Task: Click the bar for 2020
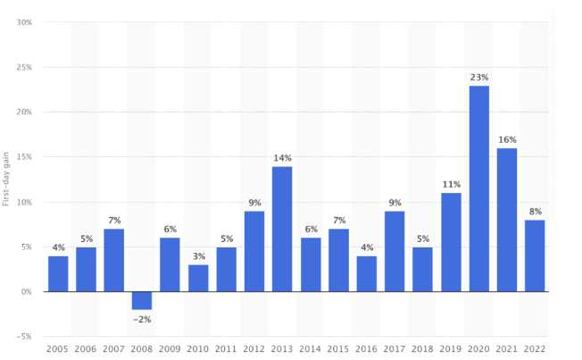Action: pyautogui.click(x=479, y=188)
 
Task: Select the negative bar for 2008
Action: pyautogui.click(x=142, y=300)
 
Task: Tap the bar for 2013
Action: pyautogui.click(x=282, y=229)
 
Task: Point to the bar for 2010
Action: pyautogui.click(x=198, y=278)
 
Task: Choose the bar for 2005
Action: pyautogui.click(x=58, y=273)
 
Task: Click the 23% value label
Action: pyautogui.click(x=479, y=78)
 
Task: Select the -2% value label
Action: pyautogui.click(x=142, y=319)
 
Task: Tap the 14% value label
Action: pyautogui.click(x=282, y=158)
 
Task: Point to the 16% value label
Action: pyautogui.click(x=507, y=140)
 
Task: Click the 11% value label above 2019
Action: pyautogui.click(x=451, y=185)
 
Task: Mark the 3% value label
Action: pyautogui.click(x=198, y=256)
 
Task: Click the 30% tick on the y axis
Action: pyautogui.click(x=24, y=22)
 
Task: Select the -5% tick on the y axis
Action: pyautogui.click(x=24, y=337)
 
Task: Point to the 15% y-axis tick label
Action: pyautogui.click(x=24, y=157)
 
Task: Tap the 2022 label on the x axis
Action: pyautogui.click(x=535, y=348)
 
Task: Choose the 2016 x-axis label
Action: pyautogui.click(x=366, y=348)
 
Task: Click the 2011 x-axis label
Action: pyautogui.click(x=226, y=348)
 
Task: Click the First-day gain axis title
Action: pyautogui.click(x=6, y=180)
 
